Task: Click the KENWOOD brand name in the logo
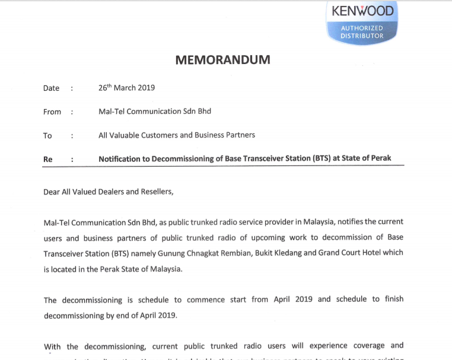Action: (362, 11)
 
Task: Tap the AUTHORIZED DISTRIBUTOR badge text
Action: (362, 32)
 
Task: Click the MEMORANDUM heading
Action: (222, 60)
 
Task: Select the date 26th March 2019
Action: (126, 88)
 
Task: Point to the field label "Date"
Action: (52, 88)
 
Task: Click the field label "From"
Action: (52, 111)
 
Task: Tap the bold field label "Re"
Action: (48, 159)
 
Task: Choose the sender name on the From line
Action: (155, 111)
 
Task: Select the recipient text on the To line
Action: (177, 135)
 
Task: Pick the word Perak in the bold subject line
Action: (380, 159)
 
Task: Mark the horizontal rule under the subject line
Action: (224, 167)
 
